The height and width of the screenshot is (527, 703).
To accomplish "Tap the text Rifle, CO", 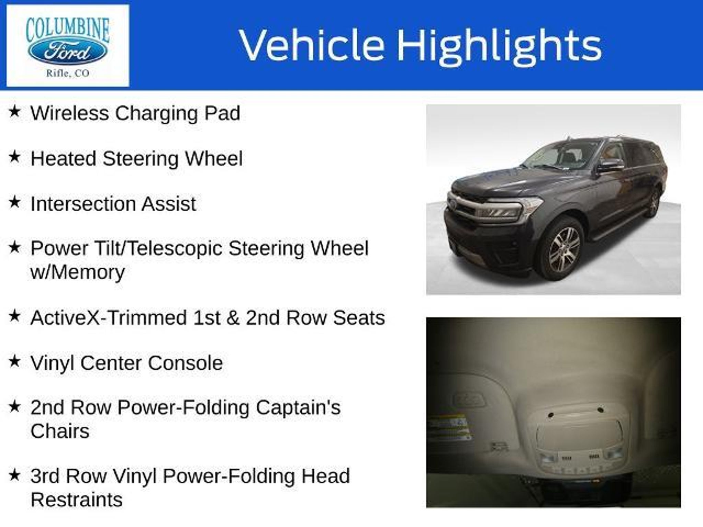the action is (68, 73).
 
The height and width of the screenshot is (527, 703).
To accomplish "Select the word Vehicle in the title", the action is (312, 44).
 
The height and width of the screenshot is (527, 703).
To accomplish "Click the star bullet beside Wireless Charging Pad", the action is (14, 111).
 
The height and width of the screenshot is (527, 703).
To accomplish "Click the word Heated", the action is (64, 159).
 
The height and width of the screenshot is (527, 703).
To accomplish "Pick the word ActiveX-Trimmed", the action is (108, 318).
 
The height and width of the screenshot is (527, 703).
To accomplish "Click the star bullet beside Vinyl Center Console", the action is (14, 361).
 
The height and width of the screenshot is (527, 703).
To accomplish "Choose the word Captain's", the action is (298, 408).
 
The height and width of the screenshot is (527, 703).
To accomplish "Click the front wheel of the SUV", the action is (564, 249).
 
